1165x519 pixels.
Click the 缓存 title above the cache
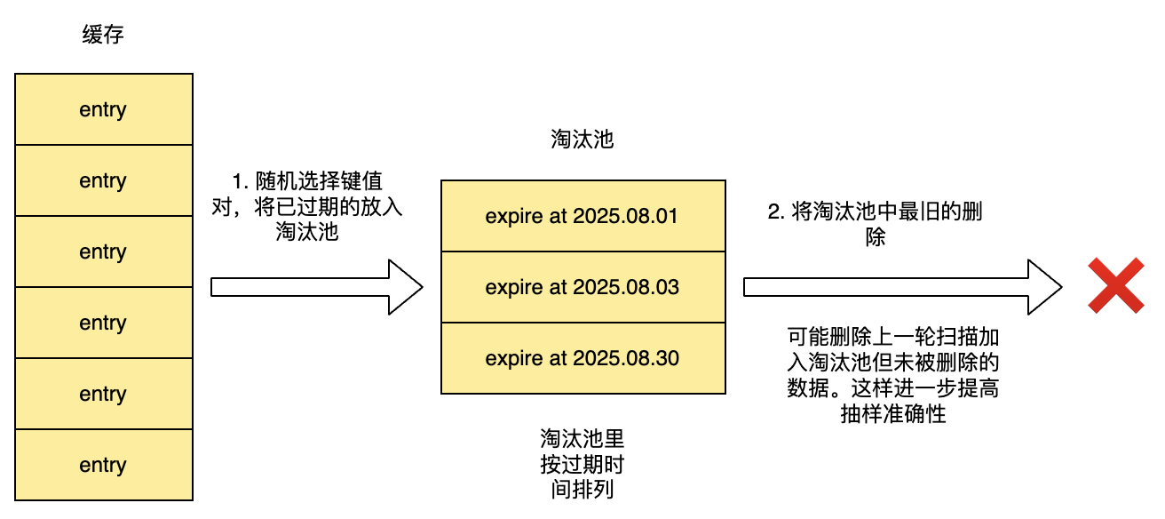click(x=103, y=36)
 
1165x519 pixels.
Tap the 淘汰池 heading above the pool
click(x=582, y=140)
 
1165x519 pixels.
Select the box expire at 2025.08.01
click(x=582, y=216)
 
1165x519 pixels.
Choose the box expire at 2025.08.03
click(x=582, y=287)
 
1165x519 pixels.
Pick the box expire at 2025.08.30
click(x=582, y=358)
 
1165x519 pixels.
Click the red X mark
click(x=1115, y=286)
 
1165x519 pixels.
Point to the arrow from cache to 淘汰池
click(x=316, y=287)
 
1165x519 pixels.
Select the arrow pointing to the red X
click(x=902, y=287)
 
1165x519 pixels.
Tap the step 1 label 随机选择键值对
click(x=306, y=206)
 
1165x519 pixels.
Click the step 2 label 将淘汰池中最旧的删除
click(x=875, y=226)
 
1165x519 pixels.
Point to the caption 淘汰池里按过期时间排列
click(x=582, y=464)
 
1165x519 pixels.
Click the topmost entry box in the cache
click(x=103, y=109)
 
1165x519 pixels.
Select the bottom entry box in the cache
click(x=103, y=465)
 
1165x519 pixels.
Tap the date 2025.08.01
click(x=626, y=216)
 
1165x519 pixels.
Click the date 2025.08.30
click(x=626, y=358)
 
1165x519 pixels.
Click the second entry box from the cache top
click(x=103, y=180)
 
